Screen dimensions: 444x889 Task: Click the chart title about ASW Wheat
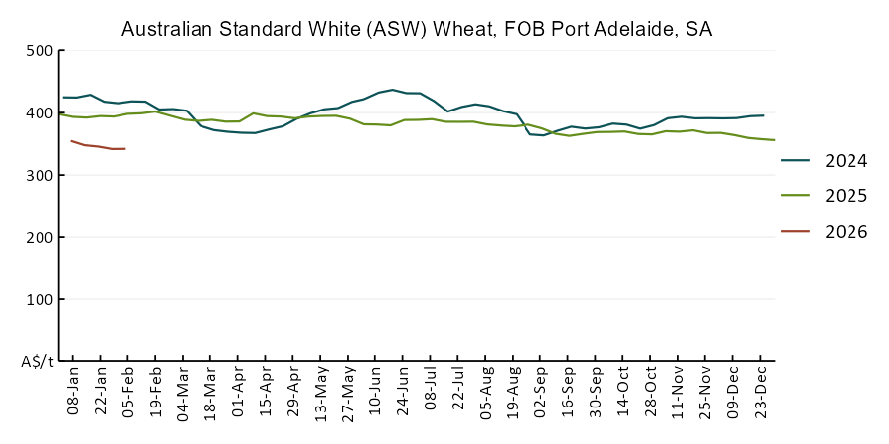(416, 30)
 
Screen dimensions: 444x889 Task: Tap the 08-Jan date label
(73, 395)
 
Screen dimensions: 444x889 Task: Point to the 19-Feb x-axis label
(155, 395)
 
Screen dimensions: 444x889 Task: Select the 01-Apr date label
(238, 395)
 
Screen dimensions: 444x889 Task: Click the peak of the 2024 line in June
(392, 90)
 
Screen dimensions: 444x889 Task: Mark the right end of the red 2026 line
(124, 149)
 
